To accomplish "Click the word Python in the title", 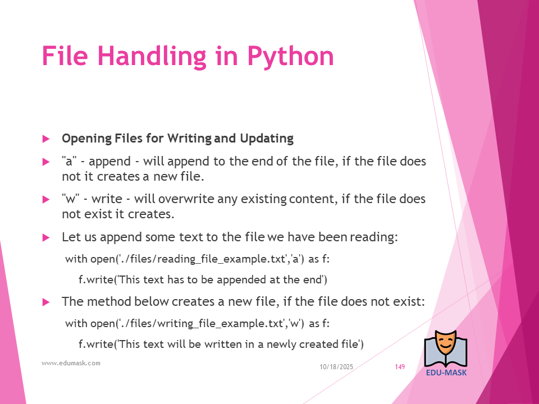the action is [x=290, y=57].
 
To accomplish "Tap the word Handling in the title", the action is [x=152, y=57].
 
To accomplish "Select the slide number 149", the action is [x=400, y=367].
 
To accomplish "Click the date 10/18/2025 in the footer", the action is [x=336, y=367].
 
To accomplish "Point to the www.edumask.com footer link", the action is [x=71, y=363].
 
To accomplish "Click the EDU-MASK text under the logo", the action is [x=446, y=373].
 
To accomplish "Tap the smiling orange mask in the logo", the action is [x=445, y=343].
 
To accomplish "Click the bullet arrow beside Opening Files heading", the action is [x=46, y=139].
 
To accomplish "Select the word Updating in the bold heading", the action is [x=267, y=139].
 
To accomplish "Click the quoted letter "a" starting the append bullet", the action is [x=69, y=161].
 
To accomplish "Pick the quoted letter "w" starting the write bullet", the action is [x=71, y=199].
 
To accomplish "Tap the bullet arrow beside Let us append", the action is [x=46, y=238].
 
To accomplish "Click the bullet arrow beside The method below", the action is [x=46, y=302].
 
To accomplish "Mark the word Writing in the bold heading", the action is [x=189, y=139].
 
